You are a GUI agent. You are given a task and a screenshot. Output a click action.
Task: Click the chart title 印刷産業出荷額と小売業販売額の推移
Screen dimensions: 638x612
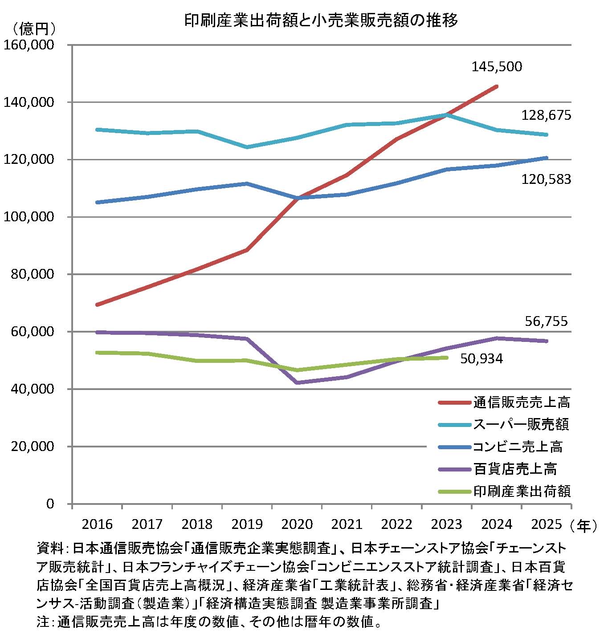321,20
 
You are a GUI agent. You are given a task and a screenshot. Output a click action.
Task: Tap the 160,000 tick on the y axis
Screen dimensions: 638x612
29,45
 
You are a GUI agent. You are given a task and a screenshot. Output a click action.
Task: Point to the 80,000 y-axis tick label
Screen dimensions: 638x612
31,274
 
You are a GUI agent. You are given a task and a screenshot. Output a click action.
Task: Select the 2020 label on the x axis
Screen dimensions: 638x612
297,524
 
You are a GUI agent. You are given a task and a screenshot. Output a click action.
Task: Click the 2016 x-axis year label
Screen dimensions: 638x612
97,524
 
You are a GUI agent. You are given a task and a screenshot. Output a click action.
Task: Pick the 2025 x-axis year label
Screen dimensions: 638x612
547,524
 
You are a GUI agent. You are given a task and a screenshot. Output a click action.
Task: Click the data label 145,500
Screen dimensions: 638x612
497,67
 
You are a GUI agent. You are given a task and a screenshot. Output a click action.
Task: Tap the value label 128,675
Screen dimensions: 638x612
546,116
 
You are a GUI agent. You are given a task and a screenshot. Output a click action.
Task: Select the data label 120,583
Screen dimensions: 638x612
546,179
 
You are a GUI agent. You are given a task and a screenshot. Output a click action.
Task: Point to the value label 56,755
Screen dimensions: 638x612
547,321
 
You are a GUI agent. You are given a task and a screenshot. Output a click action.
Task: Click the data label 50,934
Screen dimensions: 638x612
481,358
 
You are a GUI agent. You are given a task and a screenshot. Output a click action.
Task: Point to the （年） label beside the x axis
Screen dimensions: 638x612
583,525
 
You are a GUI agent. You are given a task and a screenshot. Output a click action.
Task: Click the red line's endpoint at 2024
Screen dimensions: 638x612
497,86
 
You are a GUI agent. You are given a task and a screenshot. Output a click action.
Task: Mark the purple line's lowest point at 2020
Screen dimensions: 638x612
297,382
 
